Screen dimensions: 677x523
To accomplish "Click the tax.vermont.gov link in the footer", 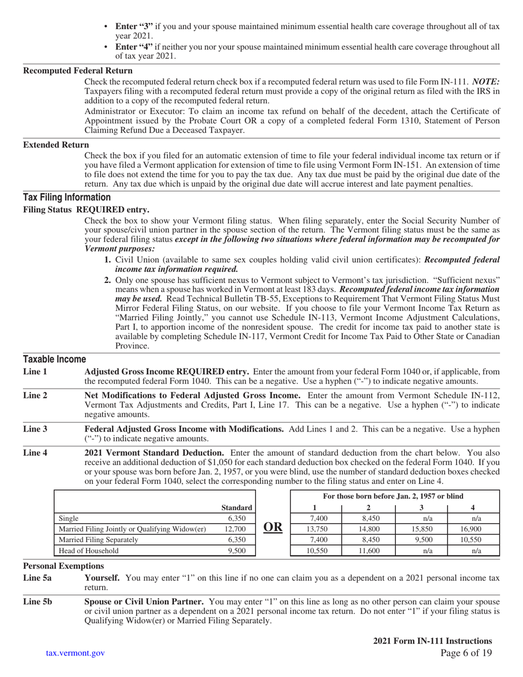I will click(x=75, y=653).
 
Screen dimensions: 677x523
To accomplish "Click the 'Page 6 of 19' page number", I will click(x=466, y=653).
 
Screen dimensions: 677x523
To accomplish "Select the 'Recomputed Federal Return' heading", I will click(x=78, y=70).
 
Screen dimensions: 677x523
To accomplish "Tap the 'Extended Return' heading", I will click(x=56, y=145).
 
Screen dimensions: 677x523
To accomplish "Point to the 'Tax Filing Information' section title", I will click(x=67, y=198).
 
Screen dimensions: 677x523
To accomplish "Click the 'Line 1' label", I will click(x=35, y=372).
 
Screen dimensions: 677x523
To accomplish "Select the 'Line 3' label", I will click(x=35, y=429).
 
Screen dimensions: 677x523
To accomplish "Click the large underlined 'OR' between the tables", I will click(x=273, y=527).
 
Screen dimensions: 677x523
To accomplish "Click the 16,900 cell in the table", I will click(x=473, y=529).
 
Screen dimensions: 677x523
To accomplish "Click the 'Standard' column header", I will click(x=236, y=507).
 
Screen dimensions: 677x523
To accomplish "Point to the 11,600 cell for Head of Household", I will click(x=368, y=550).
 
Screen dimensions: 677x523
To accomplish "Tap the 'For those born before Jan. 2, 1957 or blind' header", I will click(x=393, y=496).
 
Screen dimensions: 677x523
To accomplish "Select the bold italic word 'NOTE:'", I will click(x=486, y=81).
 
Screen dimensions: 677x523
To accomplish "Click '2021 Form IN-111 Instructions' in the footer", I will click(x=432, y=641).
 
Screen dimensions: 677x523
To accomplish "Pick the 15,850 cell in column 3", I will click(x=421, y=529).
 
